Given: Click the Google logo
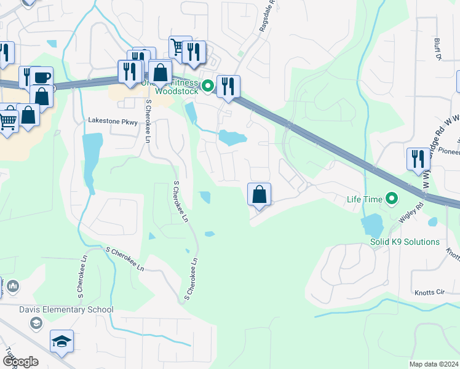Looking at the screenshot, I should click(x=20, y=361).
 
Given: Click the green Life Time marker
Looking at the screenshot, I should click(x=390, y=199).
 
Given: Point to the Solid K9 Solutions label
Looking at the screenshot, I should click(x=405, y=242).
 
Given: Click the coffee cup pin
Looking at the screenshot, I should click(x=42, y=77).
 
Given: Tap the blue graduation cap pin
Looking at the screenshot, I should click(x=61, y=341).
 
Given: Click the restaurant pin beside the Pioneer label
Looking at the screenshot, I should click(x=418, y=159).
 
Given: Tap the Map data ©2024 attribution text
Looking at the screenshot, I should click(x=434, y=364).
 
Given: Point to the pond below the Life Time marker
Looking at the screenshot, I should click(x=372, y=225).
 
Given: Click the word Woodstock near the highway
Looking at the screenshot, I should click(x=175, y=92).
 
